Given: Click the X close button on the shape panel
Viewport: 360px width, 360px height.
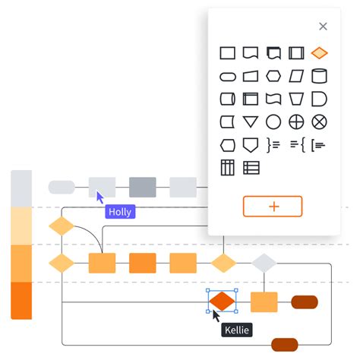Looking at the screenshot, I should pyautogui.click(x=323, y=27).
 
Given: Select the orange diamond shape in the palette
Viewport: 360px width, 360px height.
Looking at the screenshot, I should pyautogui.click(x=319, y=53).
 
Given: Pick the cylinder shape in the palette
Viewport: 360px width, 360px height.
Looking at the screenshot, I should pyautogui.click(x=319, y=76).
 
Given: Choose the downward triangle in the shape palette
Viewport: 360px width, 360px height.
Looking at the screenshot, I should pyautogui.click(x=251, y=122).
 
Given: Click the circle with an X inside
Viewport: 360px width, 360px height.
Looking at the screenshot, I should pyautogui.click(x=319, y=122).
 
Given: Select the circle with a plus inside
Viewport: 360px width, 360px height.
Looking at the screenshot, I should pyautogui.click(x=296, y=122).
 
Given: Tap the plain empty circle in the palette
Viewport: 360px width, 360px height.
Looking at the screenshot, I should pyautogui.click(x=273, y=122).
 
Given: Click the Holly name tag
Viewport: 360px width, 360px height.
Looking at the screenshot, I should pyautogui.click(x=120, y=212).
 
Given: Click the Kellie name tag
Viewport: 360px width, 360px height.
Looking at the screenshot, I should pyautogui.click(x=236, y=330).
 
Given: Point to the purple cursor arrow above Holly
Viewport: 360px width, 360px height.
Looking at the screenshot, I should pyautogui.click(x=100, y=197).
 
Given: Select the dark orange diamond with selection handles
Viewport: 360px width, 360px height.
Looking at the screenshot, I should pyautogui.click(x=222, y=301).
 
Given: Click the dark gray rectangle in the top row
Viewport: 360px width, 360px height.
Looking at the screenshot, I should pyautogui.click(x=142, y=187).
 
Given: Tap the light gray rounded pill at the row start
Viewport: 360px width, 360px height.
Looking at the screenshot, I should pyautogui.click(x=62, y=187).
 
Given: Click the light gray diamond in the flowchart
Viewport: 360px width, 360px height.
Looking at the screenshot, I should pyautogui.click(x=264, y=263).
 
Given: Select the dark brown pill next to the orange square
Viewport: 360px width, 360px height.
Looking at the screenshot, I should pyautogui.click(x=304, y=302).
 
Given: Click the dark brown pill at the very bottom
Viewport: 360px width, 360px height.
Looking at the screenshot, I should pyautogui.click(x=284, y=344).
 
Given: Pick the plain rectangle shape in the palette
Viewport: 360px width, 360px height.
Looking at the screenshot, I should pyautogui.click(x=228, y=53).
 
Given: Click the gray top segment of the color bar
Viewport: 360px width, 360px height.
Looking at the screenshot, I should pyautogui.click(x=21, y=188).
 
